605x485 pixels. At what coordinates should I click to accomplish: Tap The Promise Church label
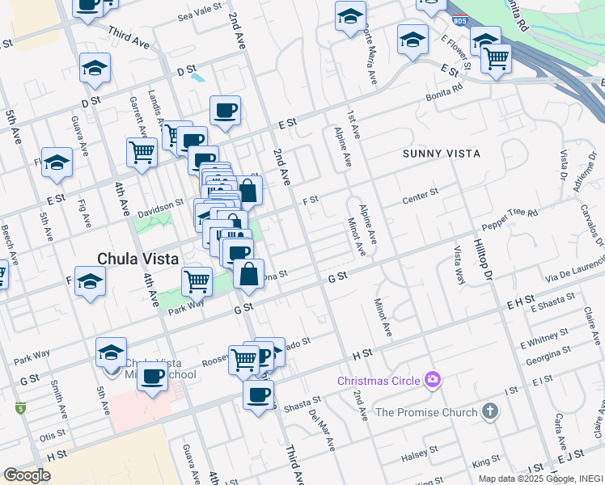click(x=426, y=412)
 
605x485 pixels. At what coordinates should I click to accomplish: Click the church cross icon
click(x=490, y=412)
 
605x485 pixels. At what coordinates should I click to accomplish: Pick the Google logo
click(x=27, y=475)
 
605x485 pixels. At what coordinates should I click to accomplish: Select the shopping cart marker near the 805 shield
click(x=496, y=58)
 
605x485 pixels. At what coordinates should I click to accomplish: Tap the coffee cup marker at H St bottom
click(x=258, y=394)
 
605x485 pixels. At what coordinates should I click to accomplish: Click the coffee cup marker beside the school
click(x=153, y=376)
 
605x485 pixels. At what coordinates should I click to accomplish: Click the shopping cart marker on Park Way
click(x=197, y=281)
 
